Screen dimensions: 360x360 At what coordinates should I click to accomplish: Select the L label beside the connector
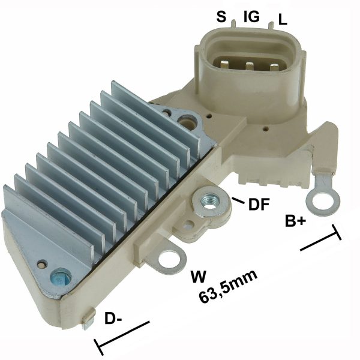tap(283, 20)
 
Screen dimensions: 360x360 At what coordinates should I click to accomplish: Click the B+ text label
tap(295, 221)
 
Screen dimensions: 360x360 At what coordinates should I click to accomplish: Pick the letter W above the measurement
tap(198, 277)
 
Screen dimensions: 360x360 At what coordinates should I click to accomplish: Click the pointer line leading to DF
tap(237, 199)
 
